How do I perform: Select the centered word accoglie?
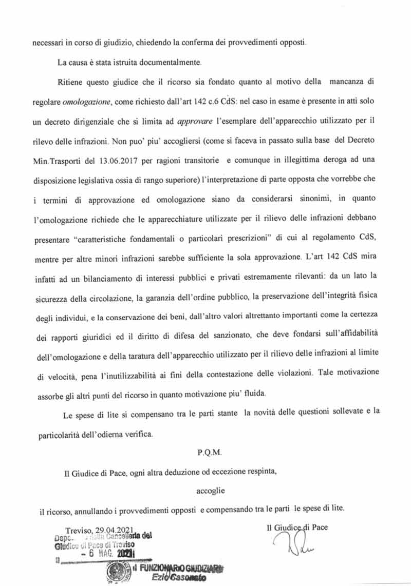pos(211,490)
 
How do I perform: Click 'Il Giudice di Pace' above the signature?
pos(297,526)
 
